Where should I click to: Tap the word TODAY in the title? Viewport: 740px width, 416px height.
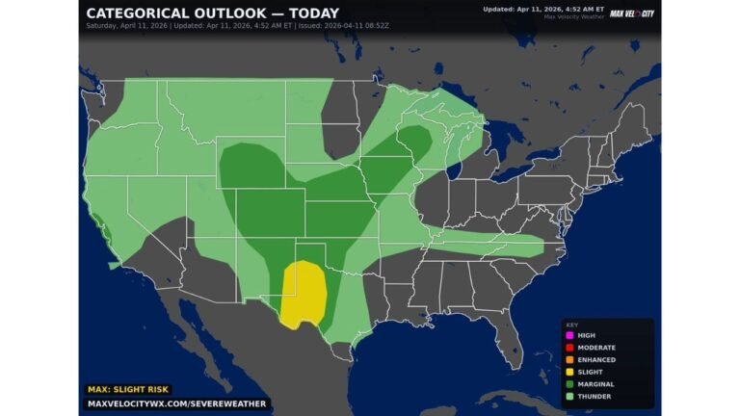click(311, 13)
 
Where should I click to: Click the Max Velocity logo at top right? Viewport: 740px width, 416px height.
click(632, 13)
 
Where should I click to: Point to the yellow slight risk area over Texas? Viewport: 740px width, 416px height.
click(304, 295)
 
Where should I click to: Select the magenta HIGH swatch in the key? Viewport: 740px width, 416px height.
click(570, 335)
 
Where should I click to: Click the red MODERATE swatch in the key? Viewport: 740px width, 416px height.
click(570, 348)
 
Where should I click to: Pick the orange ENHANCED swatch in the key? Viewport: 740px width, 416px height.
click(570, 360)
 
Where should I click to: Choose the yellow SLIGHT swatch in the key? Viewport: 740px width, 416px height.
click(570, 373)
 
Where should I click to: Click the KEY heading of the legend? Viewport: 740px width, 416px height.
click(571, 325)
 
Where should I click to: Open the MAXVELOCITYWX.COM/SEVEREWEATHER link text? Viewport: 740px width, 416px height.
click(176, 403)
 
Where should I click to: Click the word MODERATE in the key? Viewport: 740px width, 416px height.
click(596, 348)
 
